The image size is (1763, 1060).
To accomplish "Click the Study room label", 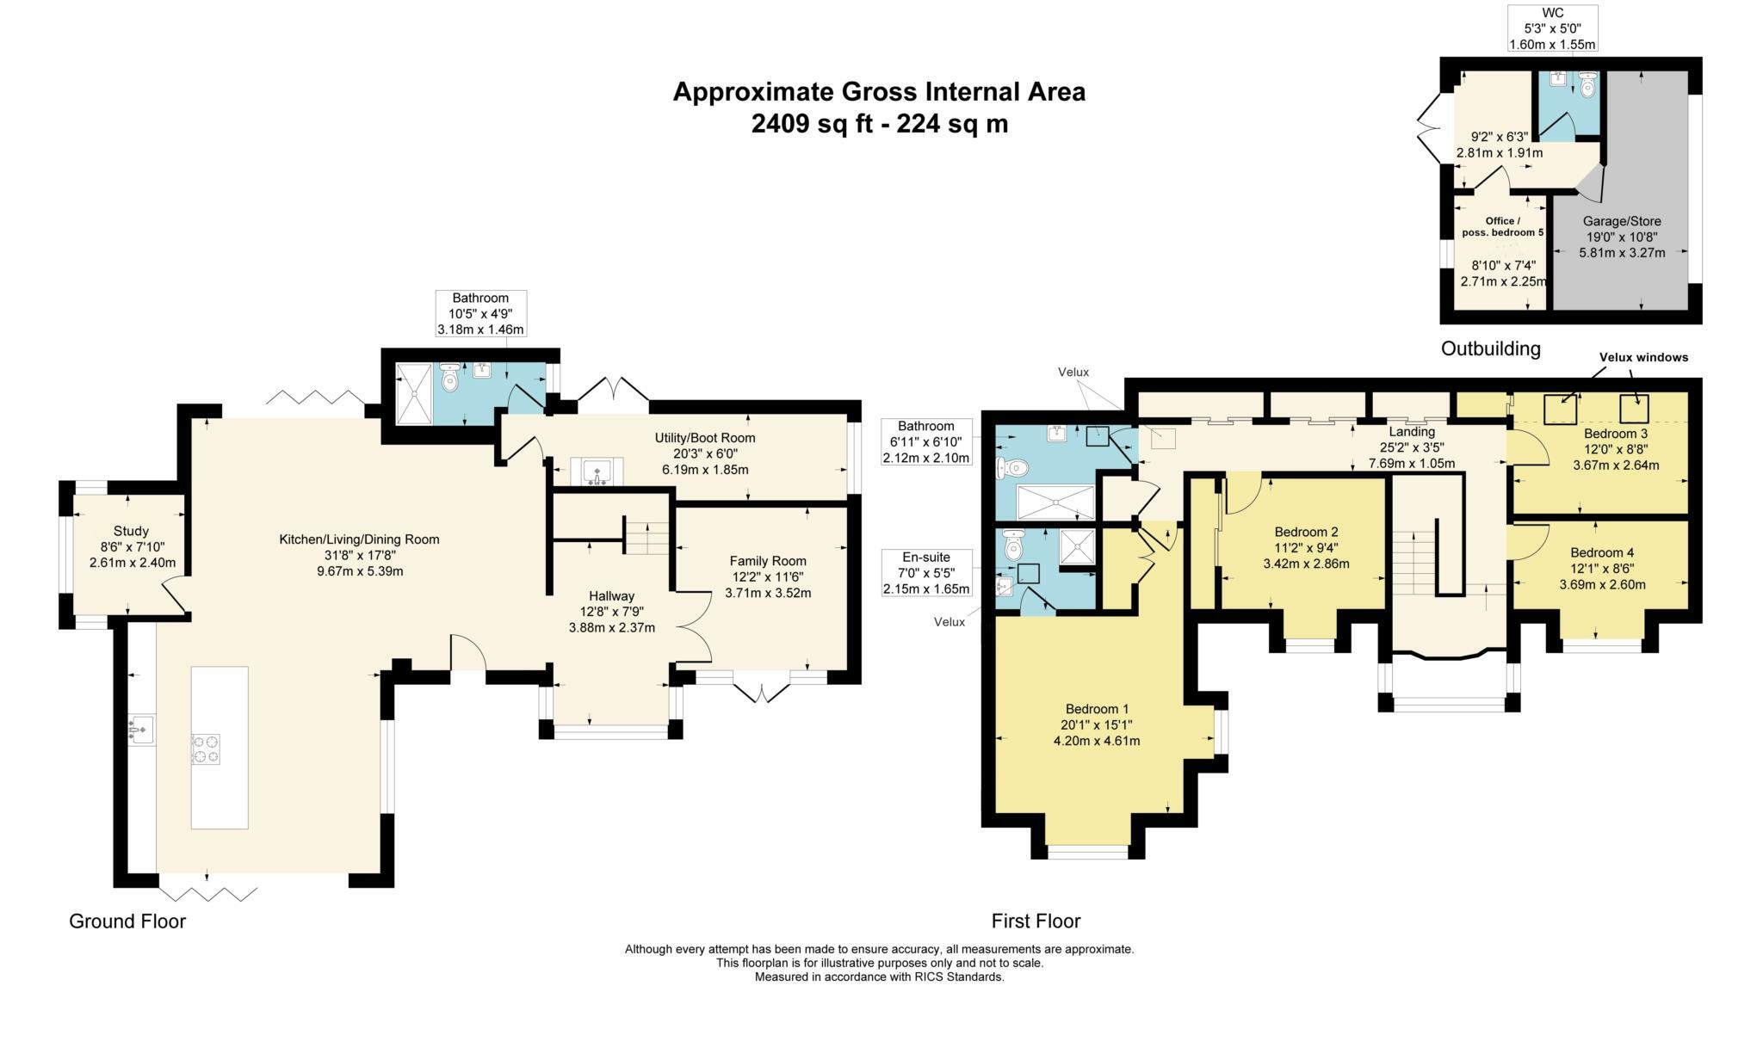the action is click(131, 531).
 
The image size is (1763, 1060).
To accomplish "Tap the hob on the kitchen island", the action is click(205, 748).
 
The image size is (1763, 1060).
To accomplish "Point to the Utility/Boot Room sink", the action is click(596, 472).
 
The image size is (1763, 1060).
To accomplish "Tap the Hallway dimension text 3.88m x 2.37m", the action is click(612, 627).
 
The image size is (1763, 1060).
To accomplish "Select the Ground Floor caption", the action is click(127, 921).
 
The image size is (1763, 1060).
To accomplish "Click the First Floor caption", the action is click(1036, 921).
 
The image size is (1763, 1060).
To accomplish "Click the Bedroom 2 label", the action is click(1306, 532).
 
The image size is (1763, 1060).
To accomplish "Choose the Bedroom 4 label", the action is click(1601, 552).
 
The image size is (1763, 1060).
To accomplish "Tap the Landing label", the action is click(1412, 431).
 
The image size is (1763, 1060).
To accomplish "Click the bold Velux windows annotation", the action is click(1643, 357).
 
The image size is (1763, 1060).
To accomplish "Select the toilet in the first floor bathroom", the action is click(1011, 469).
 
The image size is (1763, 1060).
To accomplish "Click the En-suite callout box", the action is click(927, 573).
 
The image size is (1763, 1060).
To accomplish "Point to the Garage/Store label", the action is click(1621, 221).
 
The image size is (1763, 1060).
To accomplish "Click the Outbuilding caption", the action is click(1491, 348).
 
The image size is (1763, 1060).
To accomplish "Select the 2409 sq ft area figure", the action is click(818, 124).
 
